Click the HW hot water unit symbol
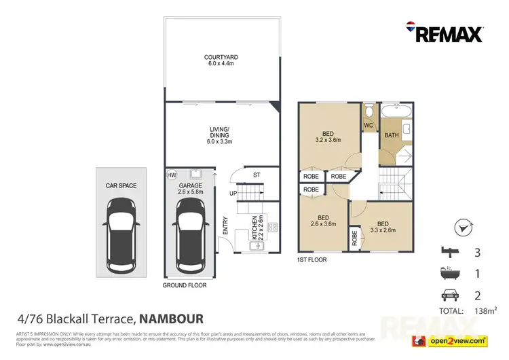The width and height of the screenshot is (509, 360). coord(171,175)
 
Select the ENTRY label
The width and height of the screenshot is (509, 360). coord(225,226)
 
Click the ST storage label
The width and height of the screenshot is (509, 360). coord(256,175)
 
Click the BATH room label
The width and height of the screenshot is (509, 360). coord(392,135)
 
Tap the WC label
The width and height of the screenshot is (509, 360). coord(369,125)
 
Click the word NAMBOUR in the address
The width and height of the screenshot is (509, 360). coord(170,318)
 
